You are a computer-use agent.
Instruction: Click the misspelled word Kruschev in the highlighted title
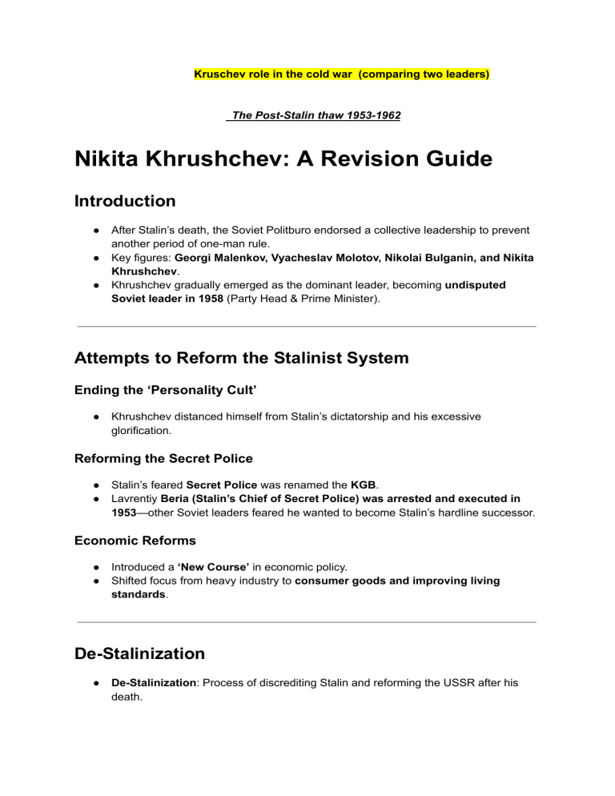pos(219,74)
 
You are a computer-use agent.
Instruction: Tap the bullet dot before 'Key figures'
pos(94,258)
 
